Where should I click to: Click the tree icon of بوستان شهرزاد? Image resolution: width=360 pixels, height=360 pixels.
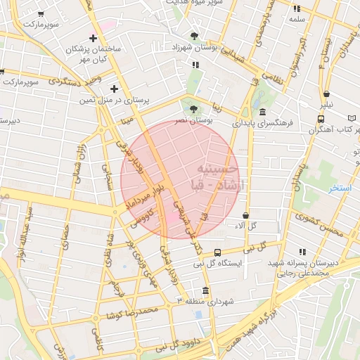pyautogui.click(x=194, y=35)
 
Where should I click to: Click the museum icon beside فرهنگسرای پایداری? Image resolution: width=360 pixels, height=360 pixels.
pyautogui.click(x=262, y=112)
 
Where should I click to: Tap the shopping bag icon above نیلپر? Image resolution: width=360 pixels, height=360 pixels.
pyautogui.click(x=326, y=94)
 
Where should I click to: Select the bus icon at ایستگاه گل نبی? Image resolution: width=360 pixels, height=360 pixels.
pyautogui.click(x=217, y=252)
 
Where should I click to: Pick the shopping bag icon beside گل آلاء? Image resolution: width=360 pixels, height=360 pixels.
pyautogui.click(x=245, y=215)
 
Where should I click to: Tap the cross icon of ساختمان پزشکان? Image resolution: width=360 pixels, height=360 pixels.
pyautogui.click(x=94, y=38)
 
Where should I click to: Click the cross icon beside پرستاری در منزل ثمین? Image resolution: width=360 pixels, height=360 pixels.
pyautogui.click(x=114, y=89)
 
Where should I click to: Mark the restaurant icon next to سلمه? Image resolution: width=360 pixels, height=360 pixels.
pyautogui.click(x=297, y=8)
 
